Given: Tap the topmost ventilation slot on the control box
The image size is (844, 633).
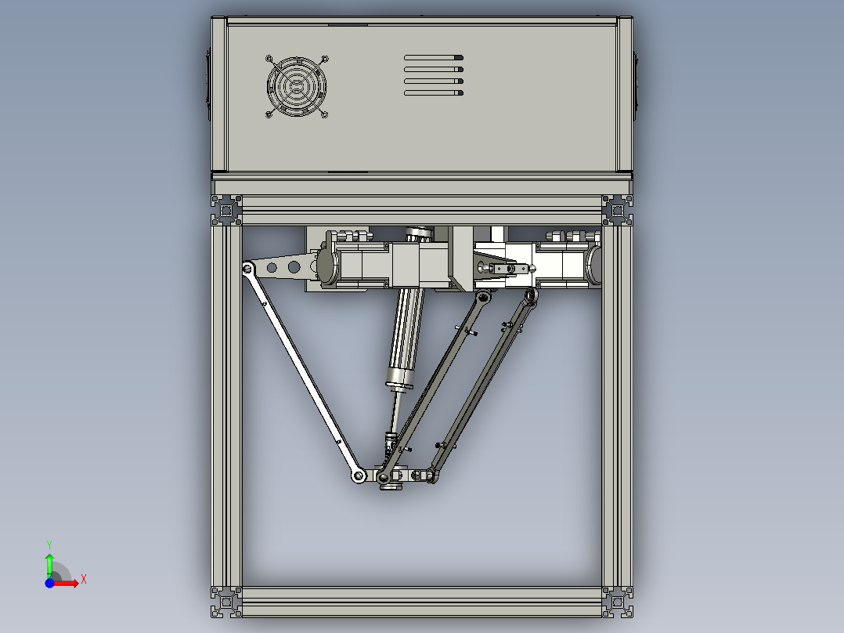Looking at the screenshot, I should [x=434, y=58].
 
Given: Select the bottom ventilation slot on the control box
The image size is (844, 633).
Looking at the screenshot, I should [x=434, y=93].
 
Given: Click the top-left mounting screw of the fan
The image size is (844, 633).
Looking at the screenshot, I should [x=269, y=58].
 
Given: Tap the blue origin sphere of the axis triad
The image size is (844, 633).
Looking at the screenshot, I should [x=49, y=583].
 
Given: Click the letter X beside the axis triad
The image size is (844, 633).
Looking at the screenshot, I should [x=83, y=579].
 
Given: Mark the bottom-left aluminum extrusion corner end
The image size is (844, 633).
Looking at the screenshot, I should [x=227, y=601].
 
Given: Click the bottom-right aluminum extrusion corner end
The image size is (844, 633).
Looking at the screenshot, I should [x=617, y=601].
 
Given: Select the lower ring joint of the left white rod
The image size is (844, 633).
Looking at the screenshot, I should [x=358, y=476].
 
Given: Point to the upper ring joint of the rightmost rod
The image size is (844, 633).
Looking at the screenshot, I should [x=530, y=295].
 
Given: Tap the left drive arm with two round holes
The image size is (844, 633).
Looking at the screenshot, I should [x=282, y=267].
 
